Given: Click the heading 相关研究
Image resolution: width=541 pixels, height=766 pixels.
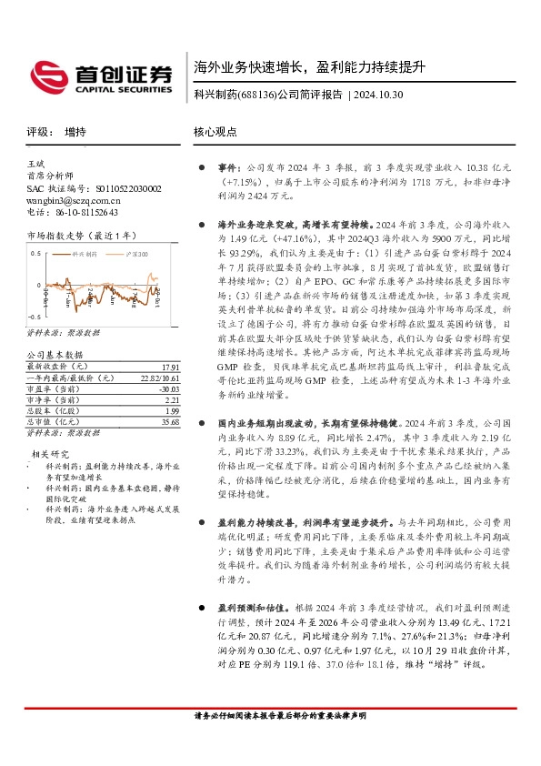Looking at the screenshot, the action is point(51,452).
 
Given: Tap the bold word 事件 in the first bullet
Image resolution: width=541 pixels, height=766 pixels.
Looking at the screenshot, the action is point(226,168).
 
